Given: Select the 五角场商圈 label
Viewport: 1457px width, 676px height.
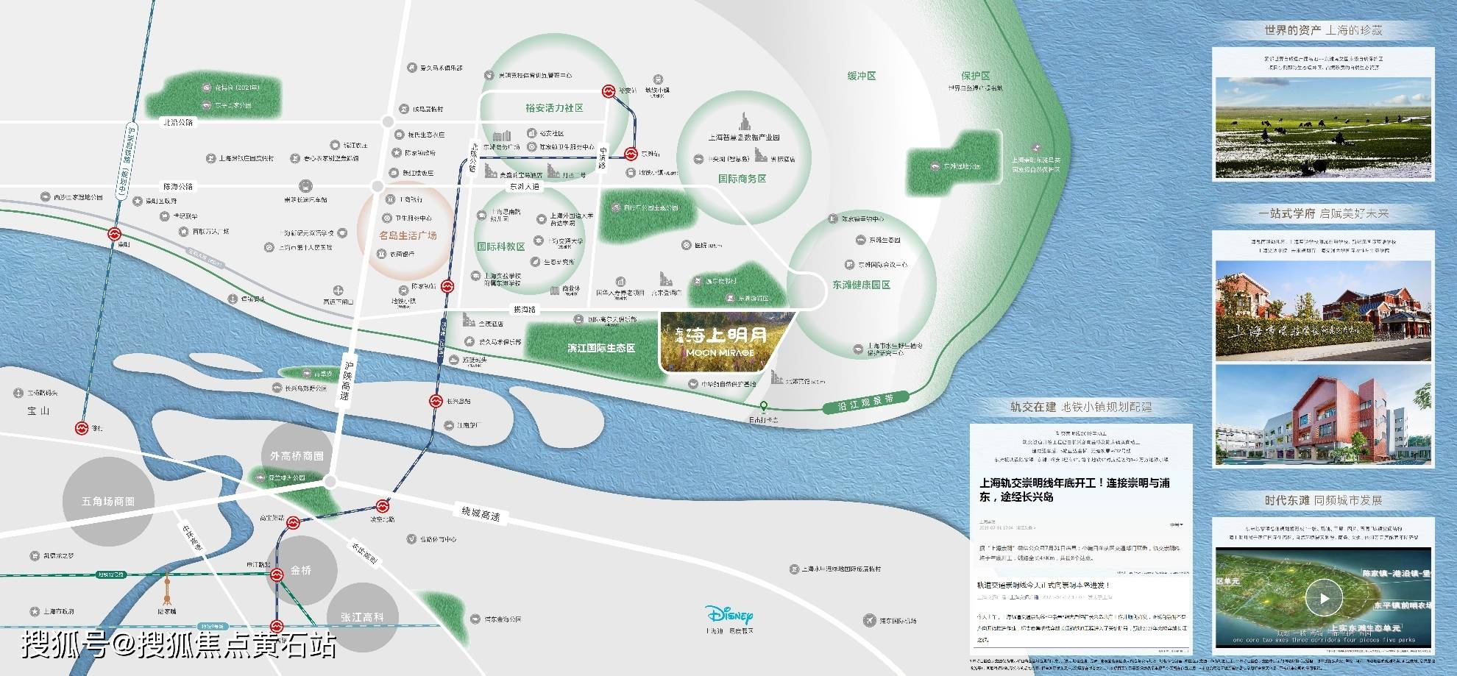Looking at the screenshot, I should point(108,502).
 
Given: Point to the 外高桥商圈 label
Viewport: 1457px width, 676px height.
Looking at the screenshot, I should point(297,456).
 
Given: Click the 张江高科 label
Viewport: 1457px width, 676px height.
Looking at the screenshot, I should point(361,617).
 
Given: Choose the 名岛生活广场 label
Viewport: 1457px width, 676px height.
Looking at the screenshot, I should point(408,235).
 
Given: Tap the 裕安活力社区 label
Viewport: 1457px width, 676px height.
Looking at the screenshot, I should point(554,108).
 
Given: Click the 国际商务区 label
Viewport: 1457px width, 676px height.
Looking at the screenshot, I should point(742,179).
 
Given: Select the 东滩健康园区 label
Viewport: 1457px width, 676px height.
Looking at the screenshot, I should point(861,285).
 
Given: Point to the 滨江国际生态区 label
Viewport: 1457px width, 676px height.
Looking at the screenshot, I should point(600,348).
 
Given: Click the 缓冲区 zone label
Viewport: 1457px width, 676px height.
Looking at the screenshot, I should point(861,76).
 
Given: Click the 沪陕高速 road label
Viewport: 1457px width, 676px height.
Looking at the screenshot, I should point(347,381).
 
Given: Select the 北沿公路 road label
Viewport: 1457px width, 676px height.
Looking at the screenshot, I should point(177,122).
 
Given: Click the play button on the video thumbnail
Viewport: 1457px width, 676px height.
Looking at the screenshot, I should point(1324,598).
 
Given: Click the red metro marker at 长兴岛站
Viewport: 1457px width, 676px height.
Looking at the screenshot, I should point(436,402).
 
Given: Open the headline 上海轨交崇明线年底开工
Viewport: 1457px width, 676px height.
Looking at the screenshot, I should point(1074,490).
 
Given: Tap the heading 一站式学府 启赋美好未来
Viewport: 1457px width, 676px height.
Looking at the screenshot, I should point(1323,213).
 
